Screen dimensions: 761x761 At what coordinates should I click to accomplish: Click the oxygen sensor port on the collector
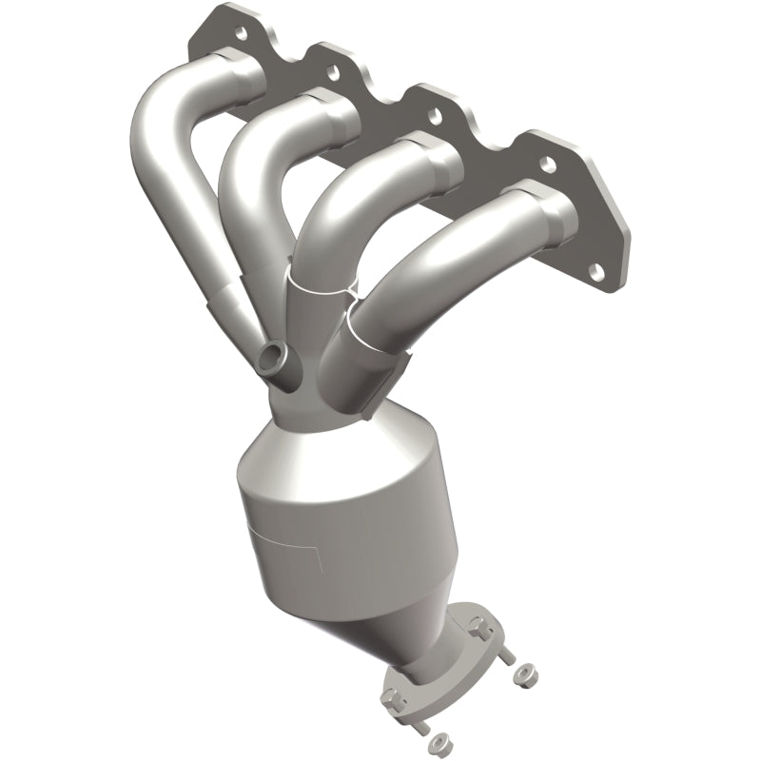(x=269, y=358)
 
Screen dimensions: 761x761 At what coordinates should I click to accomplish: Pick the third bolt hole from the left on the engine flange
(x=435, y=116)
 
